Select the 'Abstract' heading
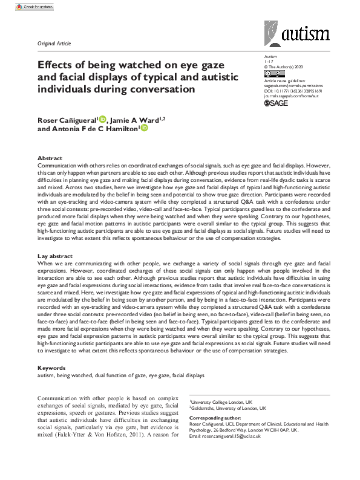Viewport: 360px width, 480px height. tap(50, 157)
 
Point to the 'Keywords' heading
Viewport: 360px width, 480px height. tap(52, 368)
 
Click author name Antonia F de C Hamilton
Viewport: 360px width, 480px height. tap(91, 129)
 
